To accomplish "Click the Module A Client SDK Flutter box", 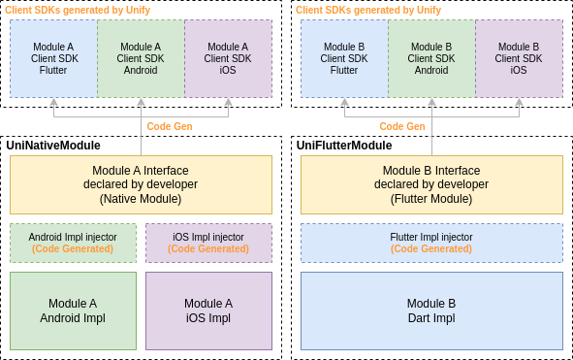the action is click(53, 58).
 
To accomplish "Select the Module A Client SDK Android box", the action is click(141, 58).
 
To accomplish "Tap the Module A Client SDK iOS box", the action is click(229, 58).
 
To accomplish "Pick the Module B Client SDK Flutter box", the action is click(344, 58).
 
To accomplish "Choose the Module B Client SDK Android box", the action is click(432, 58).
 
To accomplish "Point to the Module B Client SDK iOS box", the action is click(520, 58).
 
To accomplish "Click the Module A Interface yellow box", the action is click(141, 184).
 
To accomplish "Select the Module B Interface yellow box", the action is click(432, 184).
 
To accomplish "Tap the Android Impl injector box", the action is click(73, 243).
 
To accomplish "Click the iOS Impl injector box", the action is click(209, 243).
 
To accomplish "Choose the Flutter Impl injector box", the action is click(432, 243).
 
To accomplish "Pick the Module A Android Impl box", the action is click(73, 311).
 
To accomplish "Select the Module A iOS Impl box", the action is click(209, 311).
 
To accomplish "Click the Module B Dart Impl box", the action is click(432, 311).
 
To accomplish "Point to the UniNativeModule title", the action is click(53, 146).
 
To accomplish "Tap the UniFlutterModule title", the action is click(344, 146).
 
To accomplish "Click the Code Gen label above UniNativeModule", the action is click(170, 126).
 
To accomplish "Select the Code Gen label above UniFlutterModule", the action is click(402, 126).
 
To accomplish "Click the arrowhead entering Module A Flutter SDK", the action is click(53, 102).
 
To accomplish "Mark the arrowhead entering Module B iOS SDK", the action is click(520, 102).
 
